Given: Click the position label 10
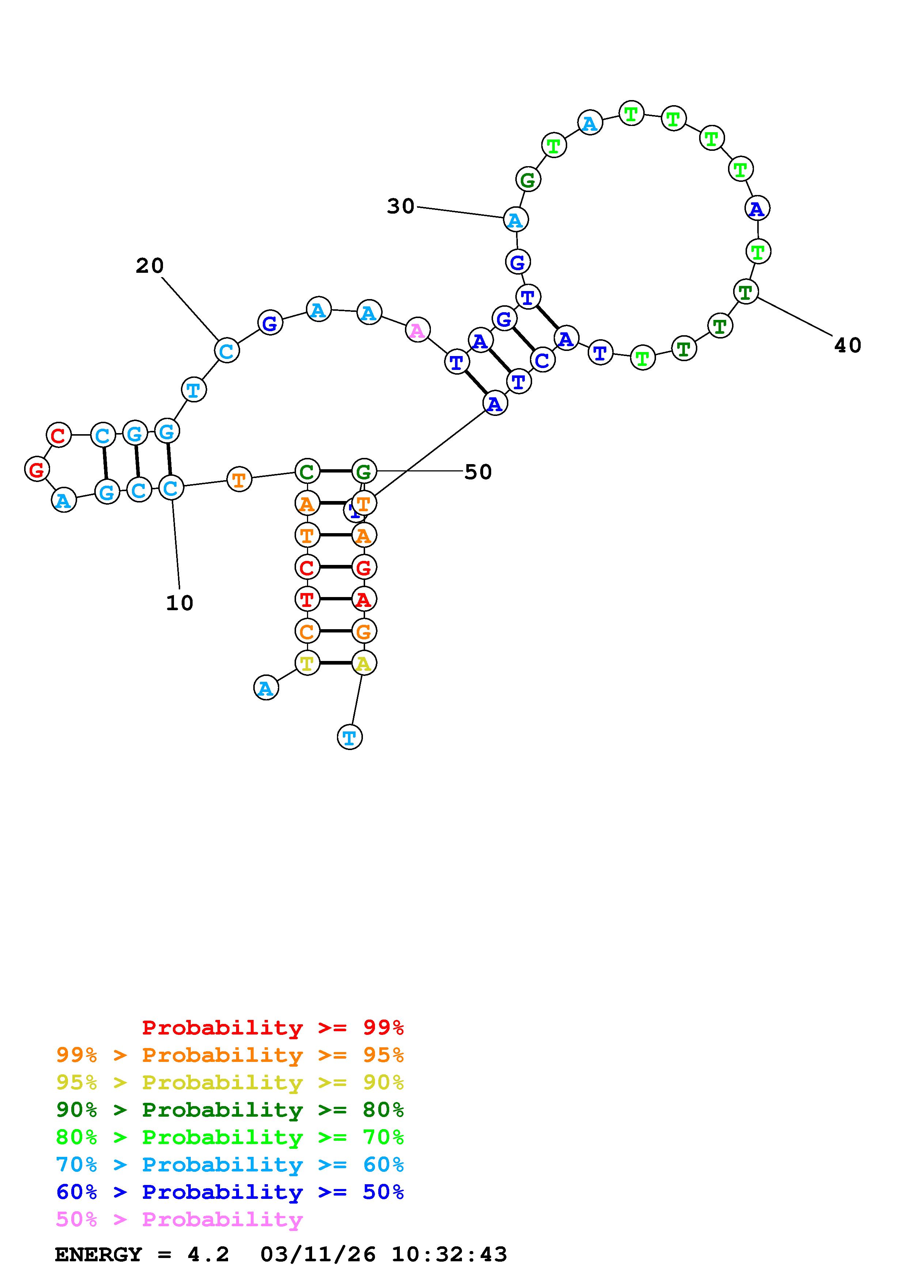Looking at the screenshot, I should pos(180,603).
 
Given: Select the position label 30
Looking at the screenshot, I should pos(401,206).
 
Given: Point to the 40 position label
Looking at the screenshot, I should pos(848,345).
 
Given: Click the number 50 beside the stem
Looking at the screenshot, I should pos(478,472).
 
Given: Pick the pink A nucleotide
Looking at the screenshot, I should pos(418,330).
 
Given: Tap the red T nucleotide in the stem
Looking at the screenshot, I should pos(307,599).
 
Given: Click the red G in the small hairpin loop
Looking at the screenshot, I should pos(37,469).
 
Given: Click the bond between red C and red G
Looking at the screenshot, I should pos(335,567).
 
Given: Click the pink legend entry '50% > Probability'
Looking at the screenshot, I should pos(179,1220).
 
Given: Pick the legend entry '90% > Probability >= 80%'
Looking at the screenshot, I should pos(230,1110).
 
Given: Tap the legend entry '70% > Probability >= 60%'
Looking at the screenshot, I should pos(230,1165).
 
